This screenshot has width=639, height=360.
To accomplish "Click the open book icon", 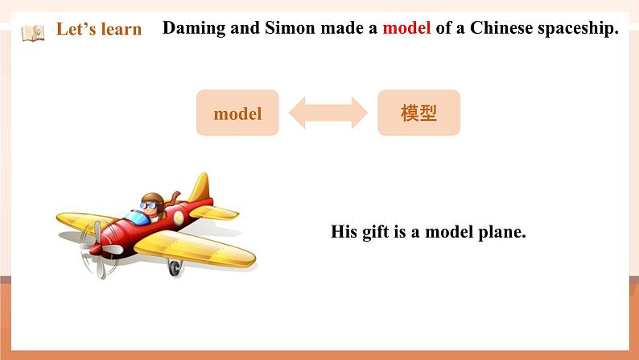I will (33, 32).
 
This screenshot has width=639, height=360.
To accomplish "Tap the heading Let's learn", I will (98, 30).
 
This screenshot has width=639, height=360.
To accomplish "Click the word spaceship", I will (578, 28).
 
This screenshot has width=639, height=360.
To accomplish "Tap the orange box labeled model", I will (238, 114).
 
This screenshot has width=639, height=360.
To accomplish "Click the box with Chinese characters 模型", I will (418, 114).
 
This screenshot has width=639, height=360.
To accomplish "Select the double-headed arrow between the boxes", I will (328, 114).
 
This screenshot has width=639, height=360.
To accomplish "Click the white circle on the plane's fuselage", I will (179, 218).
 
